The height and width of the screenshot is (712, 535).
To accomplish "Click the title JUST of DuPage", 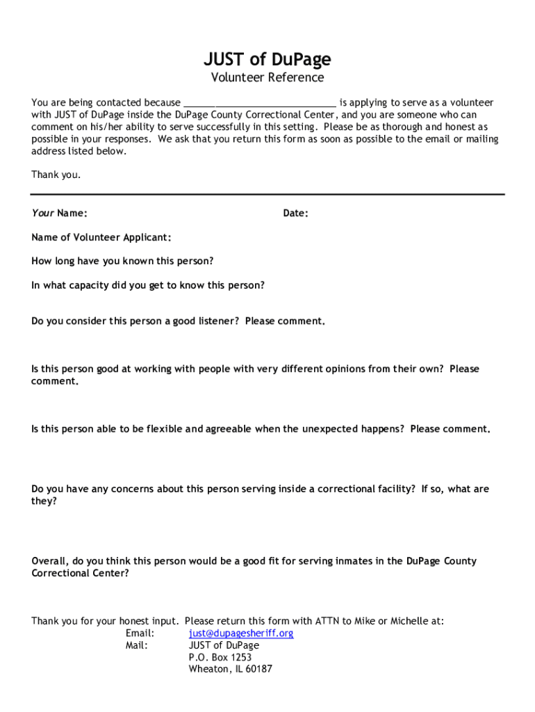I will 267,59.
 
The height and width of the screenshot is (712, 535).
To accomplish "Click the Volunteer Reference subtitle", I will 267,78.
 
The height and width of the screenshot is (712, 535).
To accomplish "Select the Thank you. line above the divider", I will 56,175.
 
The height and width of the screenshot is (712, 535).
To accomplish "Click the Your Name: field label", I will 59,213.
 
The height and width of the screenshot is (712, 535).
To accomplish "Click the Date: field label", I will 295,213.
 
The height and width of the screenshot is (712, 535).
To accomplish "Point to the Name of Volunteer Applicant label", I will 101,238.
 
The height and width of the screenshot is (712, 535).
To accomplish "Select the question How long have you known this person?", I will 122,261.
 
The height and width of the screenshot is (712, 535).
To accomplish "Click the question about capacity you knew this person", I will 148,285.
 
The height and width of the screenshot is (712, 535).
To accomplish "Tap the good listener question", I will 179,321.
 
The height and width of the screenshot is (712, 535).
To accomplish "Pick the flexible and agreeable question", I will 261,429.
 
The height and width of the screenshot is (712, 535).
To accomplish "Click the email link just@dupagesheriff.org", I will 241,633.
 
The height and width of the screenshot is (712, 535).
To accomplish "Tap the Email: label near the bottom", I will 140,633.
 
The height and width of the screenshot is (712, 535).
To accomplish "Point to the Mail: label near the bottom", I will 137,645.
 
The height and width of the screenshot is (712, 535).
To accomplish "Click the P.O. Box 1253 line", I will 220,657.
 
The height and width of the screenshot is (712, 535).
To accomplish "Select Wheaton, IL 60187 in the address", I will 231,669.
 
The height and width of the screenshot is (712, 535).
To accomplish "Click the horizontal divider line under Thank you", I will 267,194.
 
